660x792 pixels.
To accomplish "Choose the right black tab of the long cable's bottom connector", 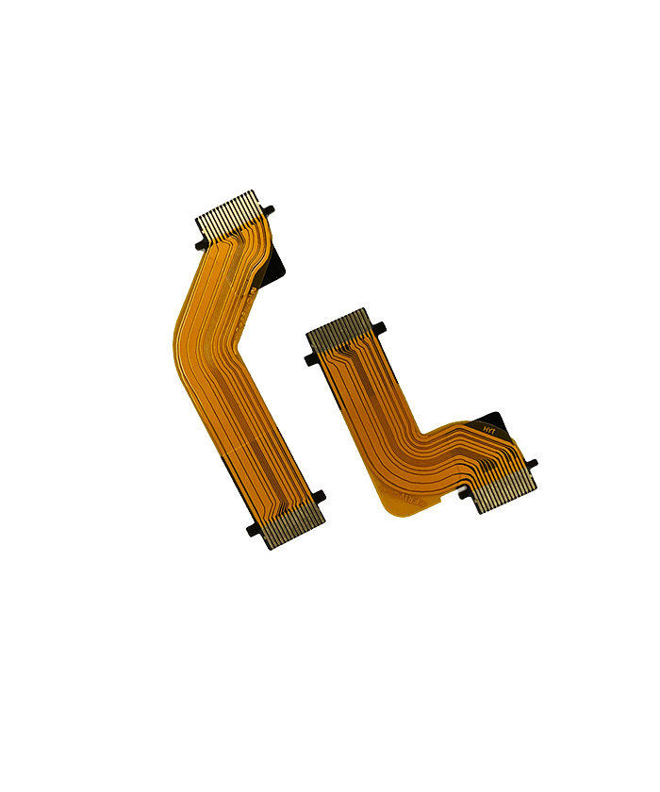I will [x=318, y=496].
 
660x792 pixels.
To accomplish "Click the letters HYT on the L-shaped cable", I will [x=488, y=429].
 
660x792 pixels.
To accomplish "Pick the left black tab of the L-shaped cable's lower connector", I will [x=464, y=493].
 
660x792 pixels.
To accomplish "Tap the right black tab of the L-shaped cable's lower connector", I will [x=532, y=464].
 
